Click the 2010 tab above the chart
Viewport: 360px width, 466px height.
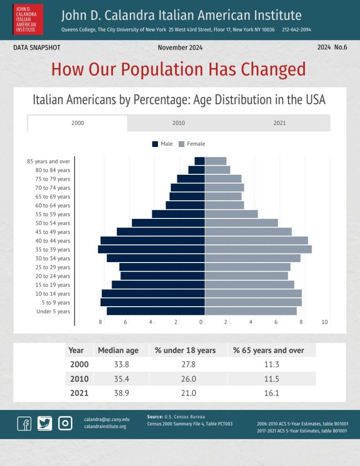[x=178, y=123]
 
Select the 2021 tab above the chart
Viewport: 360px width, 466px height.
[x=279, y=123]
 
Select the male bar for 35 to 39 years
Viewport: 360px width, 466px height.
[x=151, y=249]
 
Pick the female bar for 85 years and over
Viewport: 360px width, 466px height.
[x=216, y=161]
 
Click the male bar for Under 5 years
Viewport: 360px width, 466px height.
[x=156, y=311]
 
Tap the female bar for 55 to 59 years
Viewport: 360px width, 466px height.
[x=231, y=214]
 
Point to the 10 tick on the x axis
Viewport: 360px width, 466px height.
[x=325, y=322]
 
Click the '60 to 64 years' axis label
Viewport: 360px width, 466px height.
[x=53, y=205]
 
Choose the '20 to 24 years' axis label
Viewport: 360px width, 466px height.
[x=53, y=276]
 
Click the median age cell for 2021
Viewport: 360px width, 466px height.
[x=121, y=393]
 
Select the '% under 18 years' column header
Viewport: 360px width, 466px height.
[x=185, y=350]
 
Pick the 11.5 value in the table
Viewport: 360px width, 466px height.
[x=271, y=379]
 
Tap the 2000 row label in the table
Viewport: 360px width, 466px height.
[x=80, y=365]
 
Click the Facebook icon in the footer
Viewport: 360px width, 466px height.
[x=25, y=423]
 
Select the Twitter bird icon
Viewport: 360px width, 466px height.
[x=45, y=423]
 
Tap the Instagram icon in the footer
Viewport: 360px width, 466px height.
[x=65, y=423]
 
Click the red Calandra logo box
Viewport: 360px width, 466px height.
[x=28, y=19]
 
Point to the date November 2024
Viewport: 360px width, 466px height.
[x=180, y=48]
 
